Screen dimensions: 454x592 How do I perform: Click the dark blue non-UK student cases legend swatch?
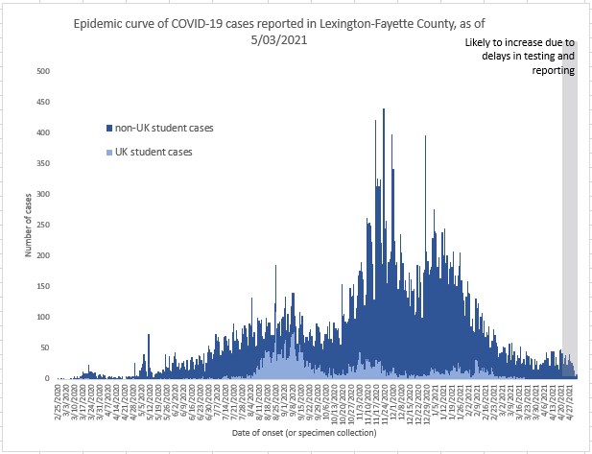tap(107, 128)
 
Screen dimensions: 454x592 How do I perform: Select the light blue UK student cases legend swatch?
tap(107, 152)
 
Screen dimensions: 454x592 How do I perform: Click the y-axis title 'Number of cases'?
tap(29, 225)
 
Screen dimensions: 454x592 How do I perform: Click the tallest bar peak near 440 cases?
tap(384, 111)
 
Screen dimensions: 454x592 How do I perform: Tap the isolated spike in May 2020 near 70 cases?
tap(149, 337)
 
